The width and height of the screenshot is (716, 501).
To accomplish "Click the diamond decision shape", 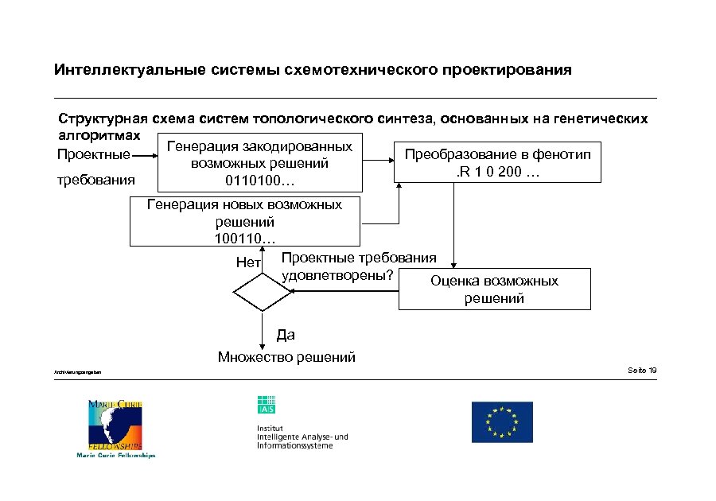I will tap(263, 292).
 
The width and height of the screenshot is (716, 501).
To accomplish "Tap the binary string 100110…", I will tap(245, 238).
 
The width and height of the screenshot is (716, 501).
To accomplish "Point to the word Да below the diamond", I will tap(285, 336).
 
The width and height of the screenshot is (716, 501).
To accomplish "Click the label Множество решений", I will tap(286, 357).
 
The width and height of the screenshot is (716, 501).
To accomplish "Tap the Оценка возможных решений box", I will tap(494, 289).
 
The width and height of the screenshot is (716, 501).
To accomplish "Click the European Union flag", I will tap(502, 421).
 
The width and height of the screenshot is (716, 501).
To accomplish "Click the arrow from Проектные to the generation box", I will tap(145, 154).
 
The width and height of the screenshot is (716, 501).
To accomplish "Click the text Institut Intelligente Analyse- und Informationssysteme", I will tap(302, 437).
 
